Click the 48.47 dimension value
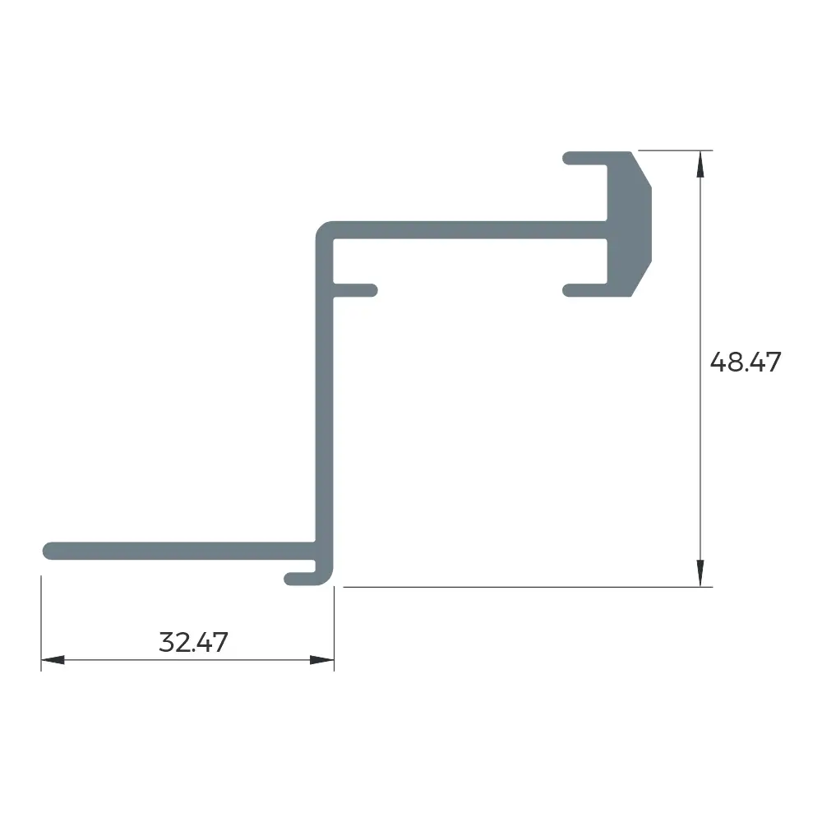tap(746, 363)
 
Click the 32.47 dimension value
tap(193, 642)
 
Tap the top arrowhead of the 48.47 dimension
tap(700, 164)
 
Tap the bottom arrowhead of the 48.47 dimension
tap(700, 573)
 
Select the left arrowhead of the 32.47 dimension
tap(53, 659)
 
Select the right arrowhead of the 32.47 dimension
tap(322, 659)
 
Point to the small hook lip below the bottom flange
tap(300, 579)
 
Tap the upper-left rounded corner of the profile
tap(322, 229)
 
